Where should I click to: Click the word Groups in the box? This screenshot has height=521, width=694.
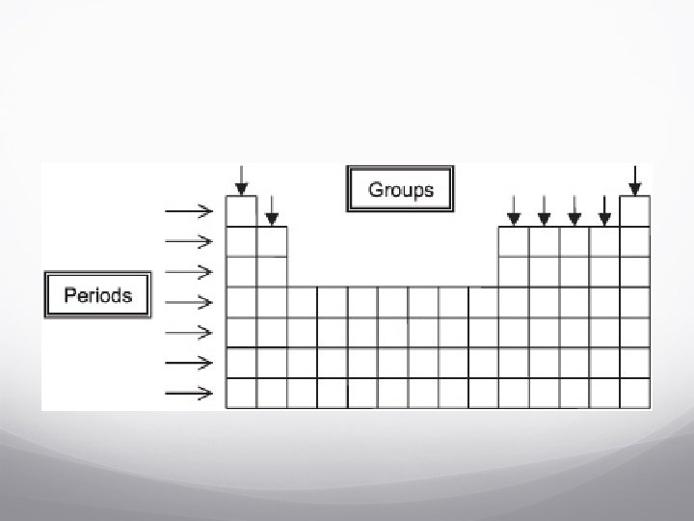click(x=401, y=189)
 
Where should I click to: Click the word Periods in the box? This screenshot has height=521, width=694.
click(x=97, y=294)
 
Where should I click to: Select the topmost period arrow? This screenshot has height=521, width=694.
click(x=189, y=209)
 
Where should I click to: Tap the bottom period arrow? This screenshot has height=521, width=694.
click(x=189, y=393)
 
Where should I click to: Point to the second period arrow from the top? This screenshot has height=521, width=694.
click(x=189, y=240)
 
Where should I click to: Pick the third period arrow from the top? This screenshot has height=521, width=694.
click(x=189, y=271)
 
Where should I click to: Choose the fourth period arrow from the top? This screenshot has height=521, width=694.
click(x=189, y=302)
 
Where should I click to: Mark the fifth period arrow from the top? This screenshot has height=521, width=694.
click(x=189, y=333)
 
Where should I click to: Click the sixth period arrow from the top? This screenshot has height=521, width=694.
click(x=189, y=363)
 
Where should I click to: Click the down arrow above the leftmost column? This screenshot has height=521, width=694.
click(x=241, y=179)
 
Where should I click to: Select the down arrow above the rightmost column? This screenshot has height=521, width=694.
click(x=634, y=179)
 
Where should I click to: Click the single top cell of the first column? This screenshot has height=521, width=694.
click(x=241, y=210)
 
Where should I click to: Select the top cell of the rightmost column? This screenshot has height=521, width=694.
click(x=634, y=210)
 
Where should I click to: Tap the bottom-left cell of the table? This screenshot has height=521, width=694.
click(x=241, y=394)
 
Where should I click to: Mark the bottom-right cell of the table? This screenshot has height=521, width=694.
click(x=634, y=394)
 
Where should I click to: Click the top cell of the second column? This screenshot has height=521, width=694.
click(x=272, y=241)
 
